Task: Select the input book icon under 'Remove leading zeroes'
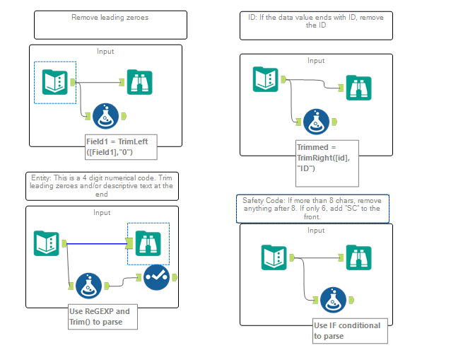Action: coord(54,83)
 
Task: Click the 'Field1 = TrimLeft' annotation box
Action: coord(116,146)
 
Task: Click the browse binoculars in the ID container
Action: coord(358,87)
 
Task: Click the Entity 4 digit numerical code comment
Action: coord(101,186)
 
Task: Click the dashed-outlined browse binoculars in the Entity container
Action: coord(148,243)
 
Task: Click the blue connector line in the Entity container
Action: coord(95,243)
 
